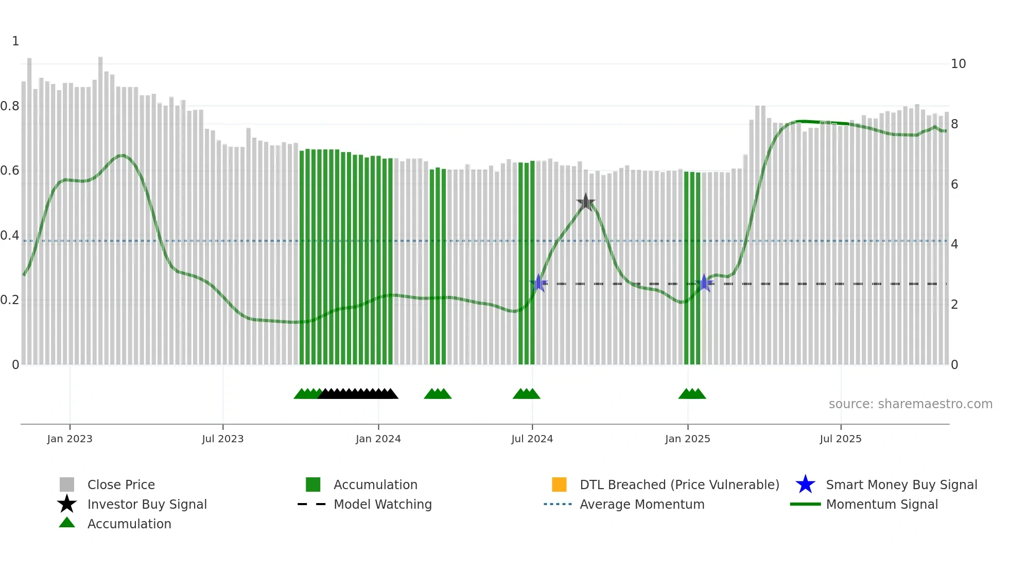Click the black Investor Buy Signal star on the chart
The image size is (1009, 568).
[585, 202]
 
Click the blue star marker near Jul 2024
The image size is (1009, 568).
[538, 283]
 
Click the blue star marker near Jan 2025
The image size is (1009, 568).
[704, 283]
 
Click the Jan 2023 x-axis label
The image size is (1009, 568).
[69, 439]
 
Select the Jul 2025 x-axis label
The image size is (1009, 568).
[840, 439]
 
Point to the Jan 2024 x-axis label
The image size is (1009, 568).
[378, 439]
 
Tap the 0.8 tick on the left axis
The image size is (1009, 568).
[10, 106]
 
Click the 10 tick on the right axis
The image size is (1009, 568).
[958, 64]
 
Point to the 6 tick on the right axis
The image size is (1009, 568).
[954, 185]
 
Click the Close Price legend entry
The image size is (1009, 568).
[121, 485]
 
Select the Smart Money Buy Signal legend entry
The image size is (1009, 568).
[901, 485]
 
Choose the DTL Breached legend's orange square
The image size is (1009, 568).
[559, 485]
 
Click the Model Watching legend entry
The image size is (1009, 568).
[382, 504]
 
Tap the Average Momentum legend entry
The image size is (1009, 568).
[641, 504]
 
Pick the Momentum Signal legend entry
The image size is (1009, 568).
[881, 504]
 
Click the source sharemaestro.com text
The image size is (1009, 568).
[910, 404]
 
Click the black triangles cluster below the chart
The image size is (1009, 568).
[358, 394]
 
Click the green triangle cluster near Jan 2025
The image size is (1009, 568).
[692, 394]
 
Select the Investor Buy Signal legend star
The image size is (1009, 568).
[67, 504]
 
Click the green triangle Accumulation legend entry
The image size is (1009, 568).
[129, 524]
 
